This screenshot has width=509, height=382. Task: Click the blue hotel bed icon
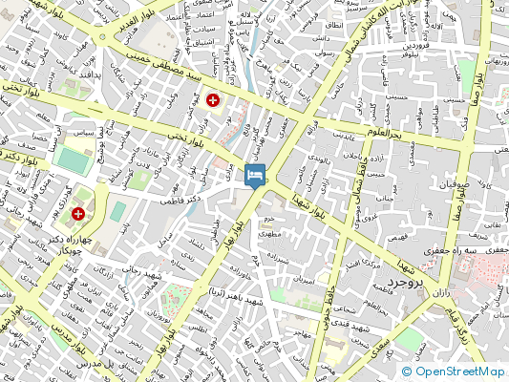tap(254, 176)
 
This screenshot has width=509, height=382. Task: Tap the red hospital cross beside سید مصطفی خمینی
tap(213, 99)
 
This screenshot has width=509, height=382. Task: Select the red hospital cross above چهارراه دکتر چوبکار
tap(79, 214)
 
